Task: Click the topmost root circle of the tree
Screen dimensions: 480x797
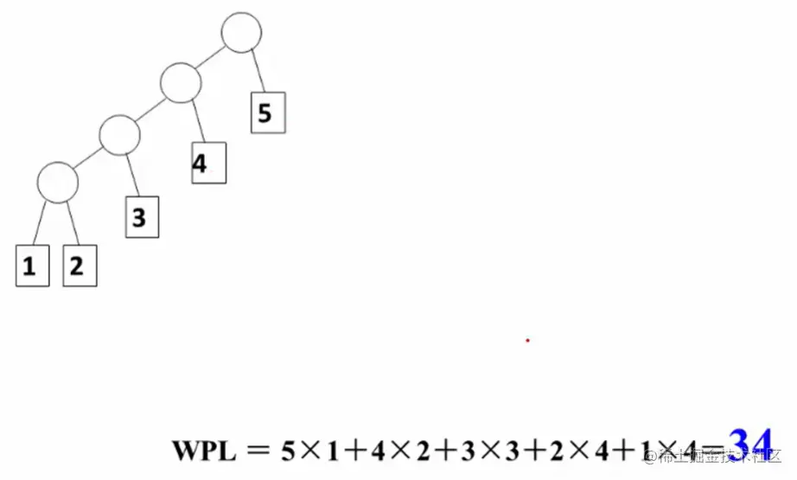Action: [241, 33]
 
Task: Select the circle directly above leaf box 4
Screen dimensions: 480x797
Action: [181, 83]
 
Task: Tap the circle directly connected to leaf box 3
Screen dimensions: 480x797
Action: [119, 134]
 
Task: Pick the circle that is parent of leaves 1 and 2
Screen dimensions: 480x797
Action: [58, 182]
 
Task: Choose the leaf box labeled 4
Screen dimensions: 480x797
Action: [208, 163]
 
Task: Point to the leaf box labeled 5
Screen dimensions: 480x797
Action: [267, 112]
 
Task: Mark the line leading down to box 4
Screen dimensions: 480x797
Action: [197, 122]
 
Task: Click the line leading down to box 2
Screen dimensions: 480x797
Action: [73, 223]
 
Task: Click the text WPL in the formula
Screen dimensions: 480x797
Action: [203, 451]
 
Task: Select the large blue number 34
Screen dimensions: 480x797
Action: [749, 444]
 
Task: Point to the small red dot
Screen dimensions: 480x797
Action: [527, 340]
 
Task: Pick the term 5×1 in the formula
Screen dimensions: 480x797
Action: [312, 451]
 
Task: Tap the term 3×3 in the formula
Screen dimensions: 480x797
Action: [495, 451]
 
